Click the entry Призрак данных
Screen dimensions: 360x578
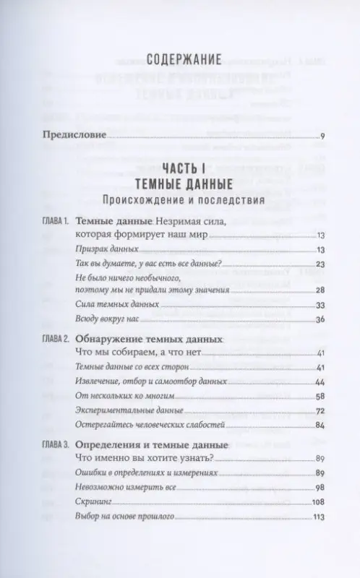click(105, 249)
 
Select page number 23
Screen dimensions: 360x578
click(321, 264)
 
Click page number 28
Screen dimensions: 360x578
click(321, 290)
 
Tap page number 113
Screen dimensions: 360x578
click(320, 517)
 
